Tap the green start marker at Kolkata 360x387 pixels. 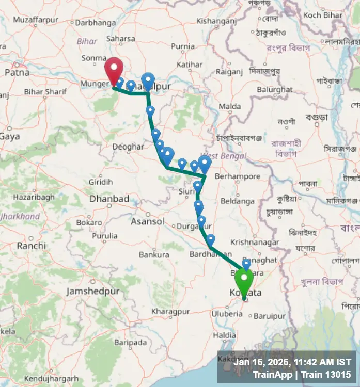click(x=244, y=281)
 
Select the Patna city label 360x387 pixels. click(x=17, y=73)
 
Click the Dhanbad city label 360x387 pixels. click(x=109, y=199)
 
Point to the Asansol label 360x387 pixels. click(x=148, y=221)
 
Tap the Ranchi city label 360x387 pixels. click(x=31, y=246)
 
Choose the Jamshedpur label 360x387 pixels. click(x=93, y=292)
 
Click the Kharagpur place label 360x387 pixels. click(x=171, y=312)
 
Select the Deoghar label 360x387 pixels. click(x=128, y=147)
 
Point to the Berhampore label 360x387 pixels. click(x=237, y=176)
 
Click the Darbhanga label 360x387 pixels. click(x=96, y=23)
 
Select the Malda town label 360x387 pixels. click(x=230, y=106)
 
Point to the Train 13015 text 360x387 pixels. click(x=326, y=375)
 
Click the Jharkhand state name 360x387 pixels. click(x=20, y=217)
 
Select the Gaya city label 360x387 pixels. click(x=10, y=137)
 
